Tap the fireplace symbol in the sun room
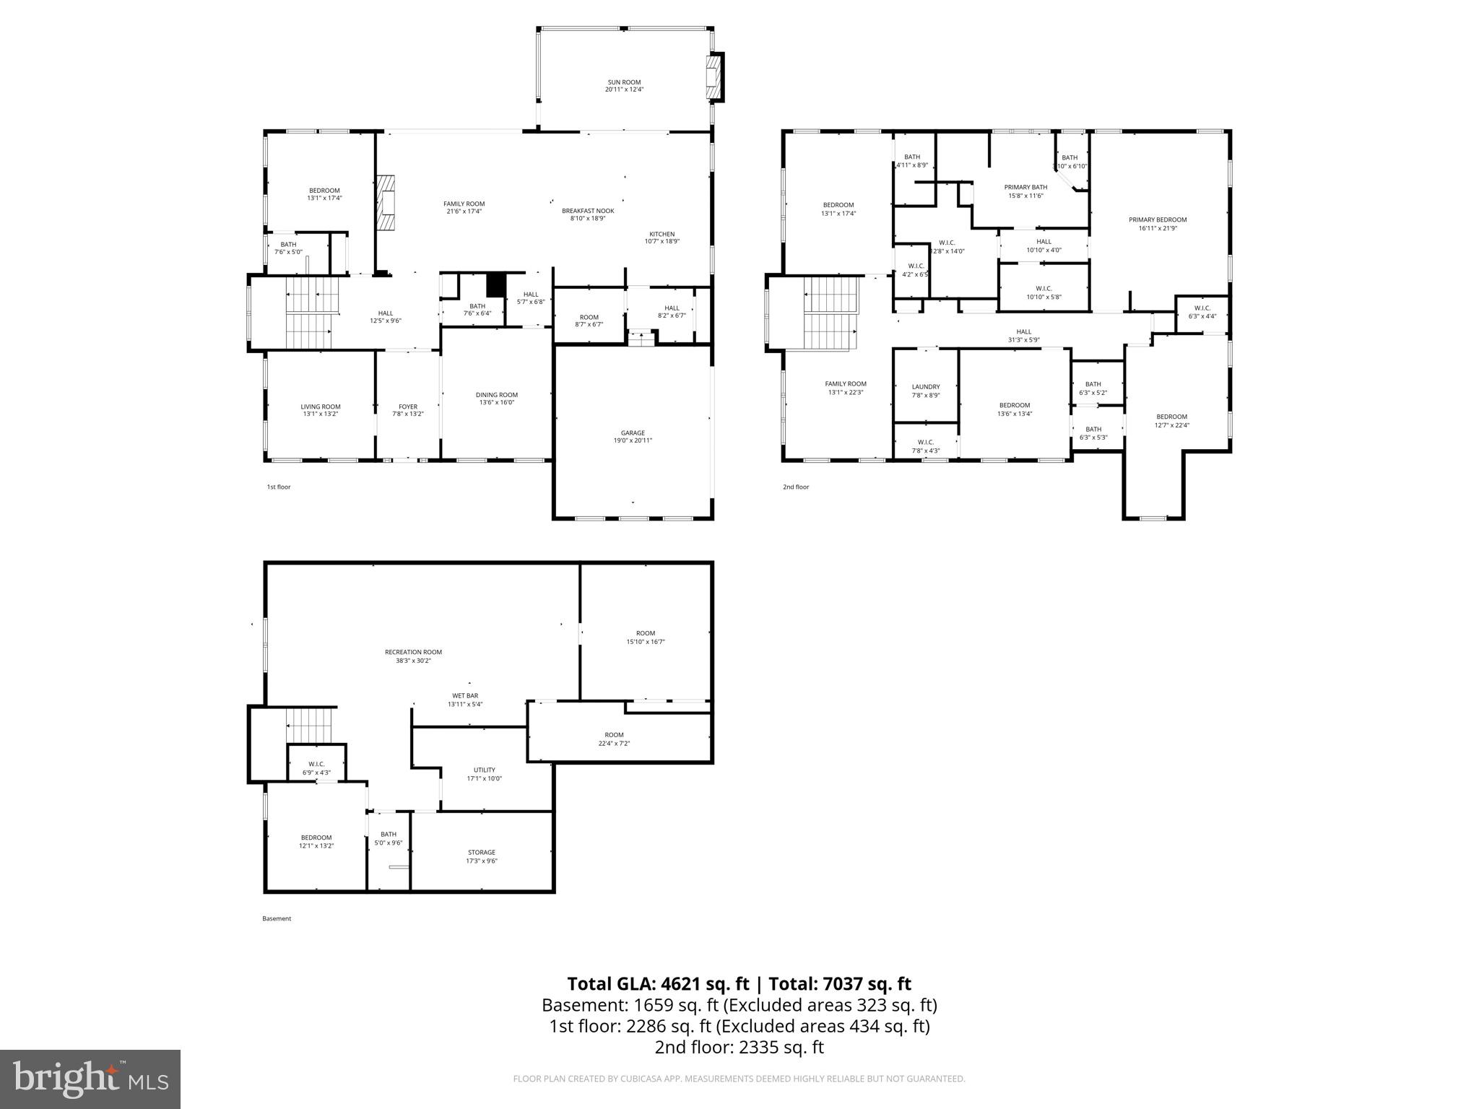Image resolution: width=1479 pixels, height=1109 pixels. [714, 77]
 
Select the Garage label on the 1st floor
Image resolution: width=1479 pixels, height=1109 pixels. [633, 433]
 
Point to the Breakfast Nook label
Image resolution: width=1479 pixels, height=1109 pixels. [588, 211]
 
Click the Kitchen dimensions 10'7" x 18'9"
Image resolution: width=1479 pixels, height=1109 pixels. [662, 242]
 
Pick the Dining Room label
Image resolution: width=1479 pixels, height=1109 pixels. [497, 395]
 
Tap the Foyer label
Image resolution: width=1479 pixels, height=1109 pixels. [408, 406]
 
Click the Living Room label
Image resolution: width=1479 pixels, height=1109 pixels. [321, 406]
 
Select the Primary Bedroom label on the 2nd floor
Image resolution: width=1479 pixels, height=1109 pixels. [1158, 220]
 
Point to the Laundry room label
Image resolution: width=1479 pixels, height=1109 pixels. [926, 387]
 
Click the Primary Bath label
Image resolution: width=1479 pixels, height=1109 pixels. [1025, 187]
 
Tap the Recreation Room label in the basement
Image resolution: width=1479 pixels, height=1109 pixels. [413, 652]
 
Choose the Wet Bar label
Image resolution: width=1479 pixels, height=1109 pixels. [465, 695]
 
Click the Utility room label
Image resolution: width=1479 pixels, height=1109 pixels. [484, 770]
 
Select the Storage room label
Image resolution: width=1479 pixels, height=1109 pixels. [482, 852]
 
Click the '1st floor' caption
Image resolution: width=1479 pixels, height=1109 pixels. [279, 487]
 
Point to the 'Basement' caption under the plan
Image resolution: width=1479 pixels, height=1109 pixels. [277, 918]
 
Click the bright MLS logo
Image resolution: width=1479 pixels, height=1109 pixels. [90, 1079]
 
